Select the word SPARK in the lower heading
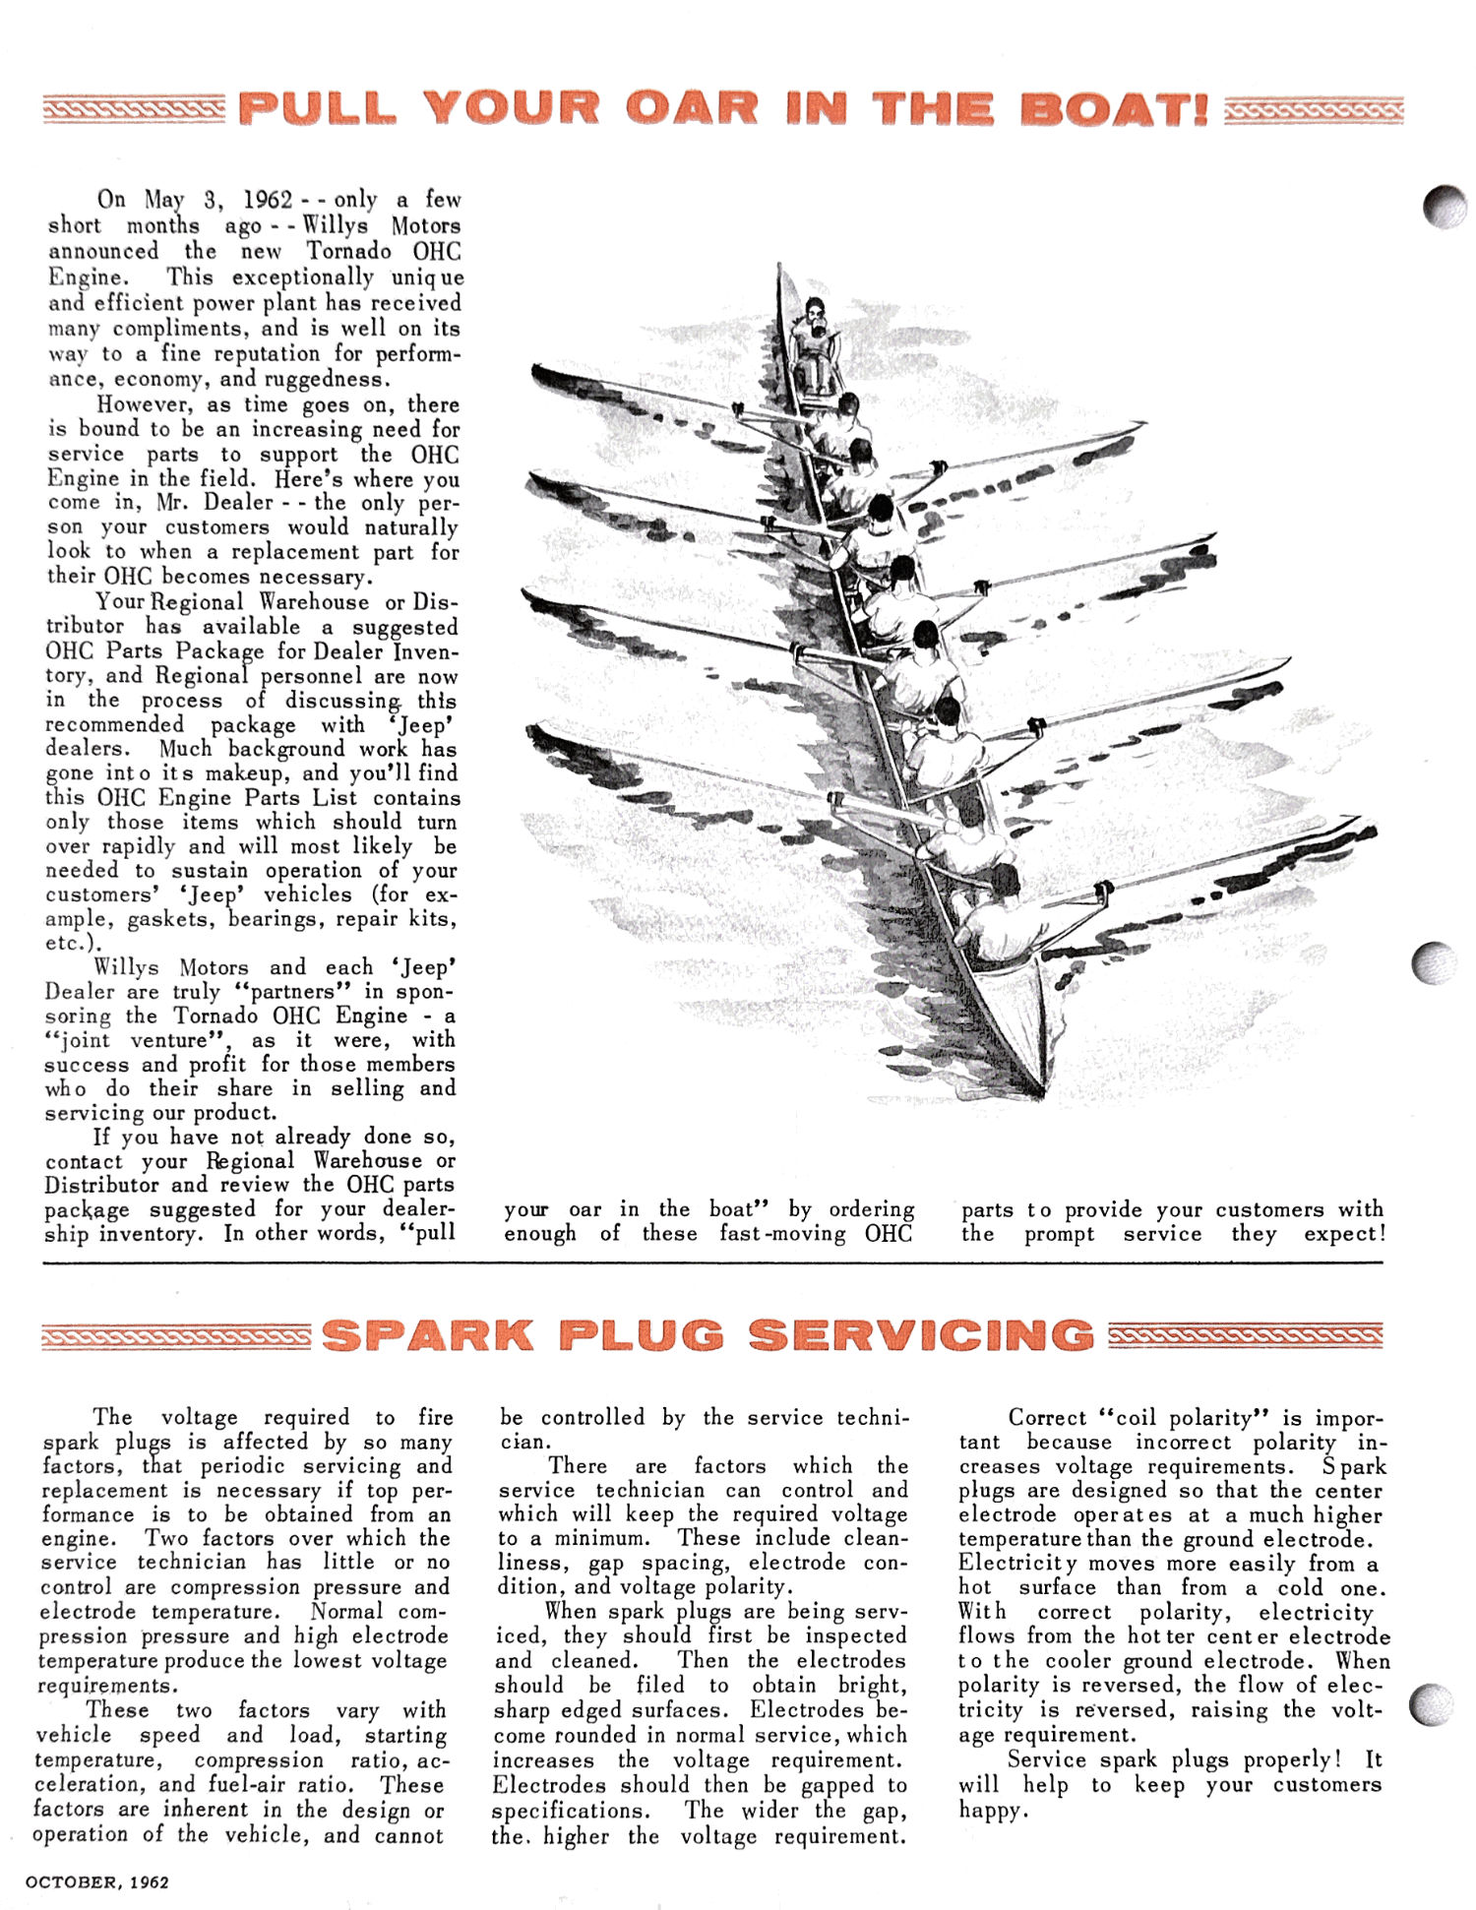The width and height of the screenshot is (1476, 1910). click(x=428, y=1335)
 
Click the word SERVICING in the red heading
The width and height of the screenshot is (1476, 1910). click(x=921, y=1335)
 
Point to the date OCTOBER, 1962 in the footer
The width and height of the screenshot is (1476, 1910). click(x=97, y=1881)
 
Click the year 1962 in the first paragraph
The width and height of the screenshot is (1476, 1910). click(x=268, y=200)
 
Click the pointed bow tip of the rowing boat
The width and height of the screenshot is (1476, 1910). click(x=1040, y=1092)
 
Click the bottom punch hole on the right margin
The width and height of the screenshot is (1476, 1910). click(x=1433, y=1704)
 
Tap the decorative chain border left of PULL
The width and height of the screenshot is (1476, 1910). click(x=134, y=109)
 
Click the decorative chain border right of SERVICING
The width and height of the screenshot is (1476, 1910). click(x=1245, y=1335)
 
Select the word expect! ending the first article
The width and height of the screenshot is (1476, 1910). click(x=1344, y=1234)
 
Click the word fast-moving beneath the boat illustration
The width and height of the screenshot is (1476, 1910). click(x=782, y=1234)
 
